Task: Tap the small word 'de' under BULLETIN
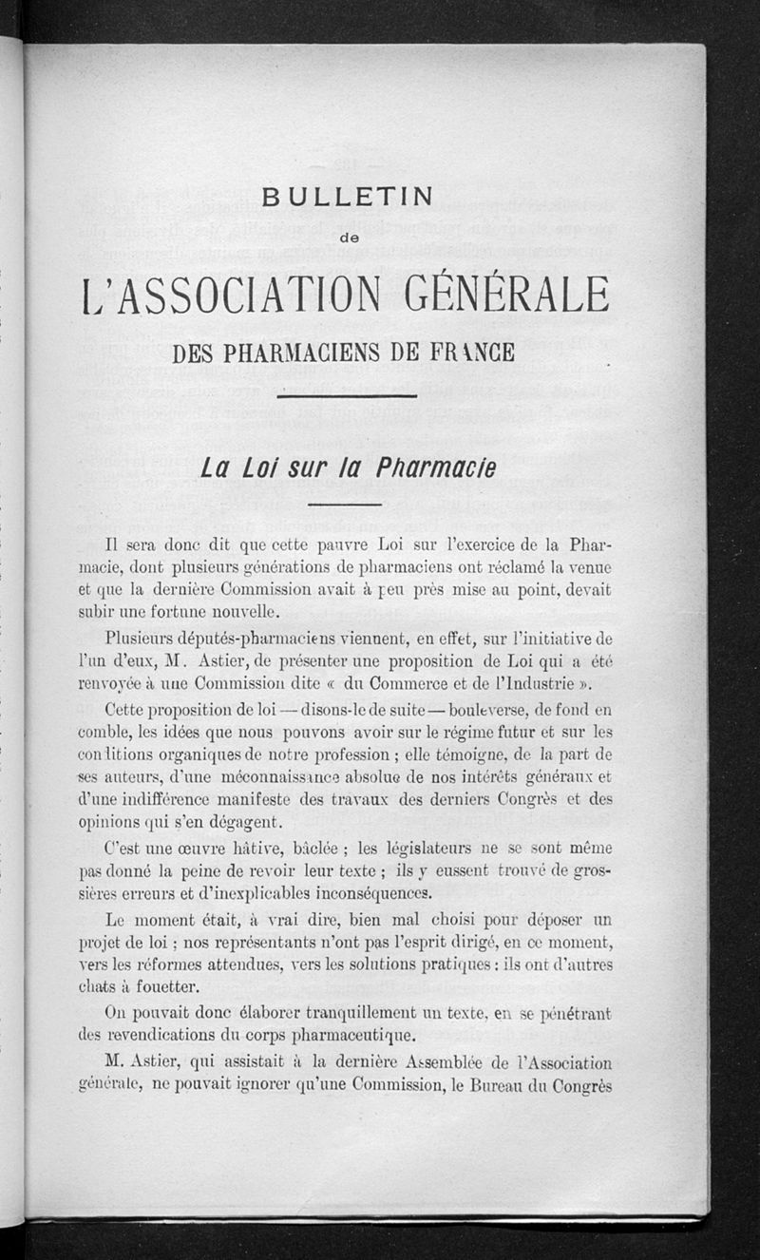pyautogui.click(x=348, y=239)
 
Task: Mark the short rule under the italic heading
pyautogui.click(x=345, y=504)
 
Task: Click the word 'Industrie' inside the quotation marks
pyautogui.click(x=542, y=683)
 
